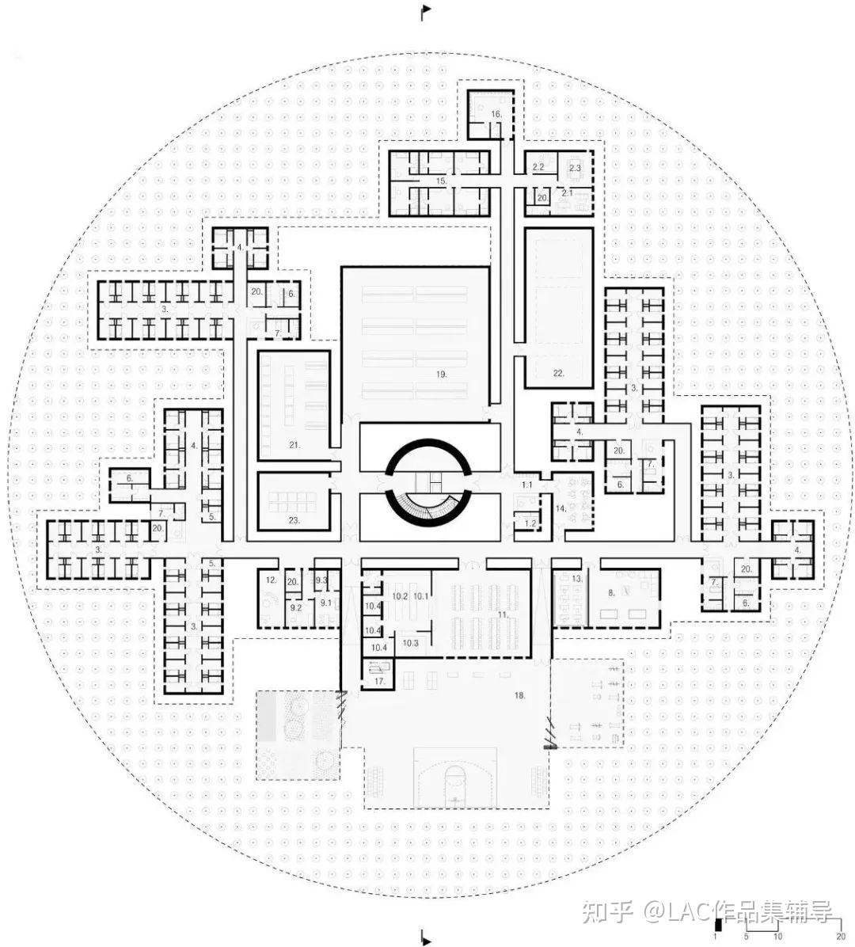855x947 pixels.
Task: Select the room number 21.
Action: tap(294, 445)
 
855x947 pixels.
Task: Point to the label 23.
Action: tap(294, 520)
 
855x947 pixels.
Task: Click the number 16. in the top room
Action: tap(496, 115)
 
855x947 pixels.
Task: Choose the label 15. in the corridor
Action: tap(441, 181)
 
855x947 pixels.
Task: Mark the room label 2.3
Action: tap(576, 168)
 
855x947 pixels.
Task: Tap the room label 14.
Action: tap(561, 508)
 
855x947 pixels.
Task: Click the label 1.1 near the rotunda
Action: tap(528, 484)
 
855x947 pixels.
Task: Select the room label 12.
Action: tap(272, 580)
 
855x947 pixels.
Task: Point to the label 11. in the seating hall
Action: tap(502, 614)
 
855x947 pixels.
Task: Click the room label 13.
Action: tap(578, 579)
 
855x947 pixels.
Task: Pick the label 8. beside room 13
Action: tap(611, 591)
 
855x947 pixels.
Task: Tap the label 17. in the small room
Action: tap(379, 679)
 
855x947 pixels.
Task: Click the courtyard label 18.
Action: tap(520, 694)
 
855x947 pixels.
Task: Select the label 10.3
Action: tap(410, 643)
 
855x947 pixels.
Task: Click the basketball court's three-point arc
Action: tap(455, 780)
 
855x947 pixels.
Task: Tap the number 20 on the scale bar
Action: tap(841, 937)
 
